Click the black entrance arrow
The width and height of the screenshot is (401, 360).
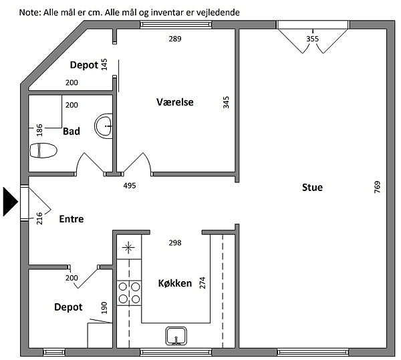coord(10,202)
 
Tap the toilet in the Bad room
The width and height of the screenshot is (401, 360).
coord(43,150)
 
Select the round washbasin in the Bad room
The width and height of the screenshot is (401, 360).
coord(104,126)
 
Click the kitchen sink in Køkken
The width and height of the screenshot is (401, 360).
coord(176,336)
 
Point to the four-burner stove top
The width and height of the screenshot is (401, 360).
coord(129,293)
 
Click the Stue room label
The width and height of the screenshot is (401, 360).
coord(312,188)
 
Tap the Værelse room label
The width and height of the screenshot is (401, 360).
coord(175,102)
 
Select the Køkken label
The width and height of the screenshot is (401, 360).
coord(175,283)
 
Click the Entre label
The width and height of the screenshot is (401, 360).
coord(72,219)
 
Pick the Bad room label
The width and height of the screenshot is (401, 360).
coord(72,132)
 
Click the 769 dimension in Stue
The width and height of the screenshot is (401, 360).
coord(377,187)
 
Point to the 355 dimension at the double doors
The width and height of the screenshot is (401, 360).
coord(313,39)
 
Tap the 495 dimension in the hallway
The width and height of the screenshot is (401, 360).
coord(130,186)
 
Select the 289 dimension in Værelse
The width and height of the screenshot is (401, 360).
coord(175,39)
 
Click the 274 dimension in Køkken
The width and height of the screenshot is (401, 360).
coord(203,283)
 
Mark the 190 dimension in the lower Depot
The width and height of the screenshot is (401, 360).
coord(104,308)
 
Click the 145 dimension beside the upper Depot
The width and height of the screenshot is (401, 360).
coord(104,64)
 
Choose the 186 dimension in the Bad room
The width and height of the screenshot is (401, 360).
coord(39,130)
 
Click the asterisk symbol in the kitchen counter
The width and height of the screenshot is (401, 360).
coord(128,247)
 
